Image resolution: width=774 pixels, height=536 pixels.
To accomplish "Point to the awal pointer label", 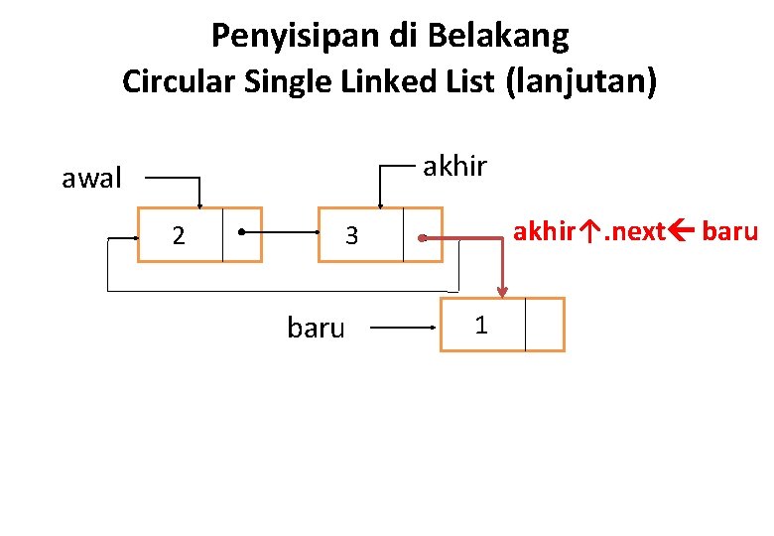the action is point(91,179).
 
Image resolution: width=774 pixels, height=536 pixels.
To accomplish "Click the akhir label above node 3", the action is point(454,166).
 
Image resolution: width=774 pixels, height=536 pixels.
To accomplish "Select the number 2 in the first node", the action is point(179,235).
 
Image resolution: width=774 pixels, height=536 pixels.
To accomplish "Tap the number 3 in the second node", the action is point(351,236).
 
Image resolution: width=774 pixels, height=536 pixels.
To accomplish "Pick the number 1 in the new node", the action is point(480,325).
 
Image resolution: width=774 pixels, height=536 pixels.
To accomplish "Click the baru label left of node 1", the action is point(316,328).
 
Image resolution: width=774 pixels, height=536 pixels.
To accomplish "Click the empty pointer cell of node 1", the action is point(544,325).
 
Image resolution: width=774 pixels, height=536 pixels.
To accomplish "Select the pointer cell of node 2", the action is point(242,234).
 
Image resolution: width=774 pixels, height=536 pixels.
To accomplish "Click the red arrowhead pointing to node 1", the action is point(502,292).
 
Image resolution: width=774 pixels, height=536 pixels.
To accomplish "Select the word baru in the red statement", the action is point(731,232).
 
